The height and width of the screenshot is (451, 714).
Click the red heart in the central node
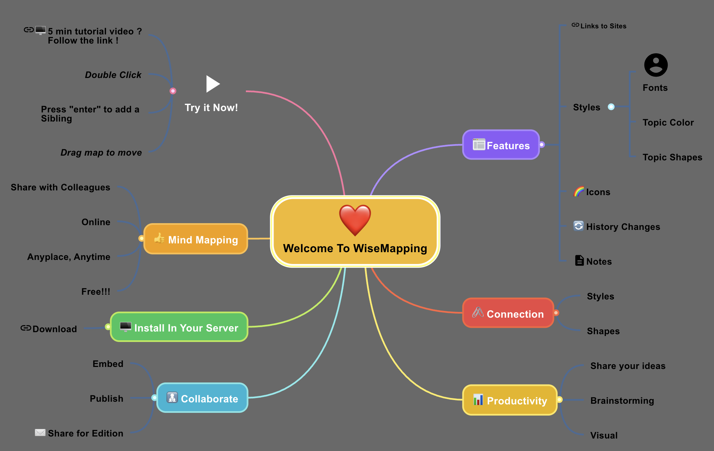[x=355, y=220]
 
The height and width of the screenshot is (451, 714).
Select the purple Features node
[x=501, y=145]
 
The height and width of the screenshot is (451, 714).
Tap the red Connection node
[x=508, y=313]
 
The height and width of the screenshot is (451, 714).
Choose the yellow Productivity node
[x=510, y=400]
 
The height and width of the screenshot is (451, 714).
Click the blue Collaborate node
[x=202, y=398]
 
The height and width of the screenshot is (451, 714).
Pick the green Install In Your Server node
[x=179, y=327]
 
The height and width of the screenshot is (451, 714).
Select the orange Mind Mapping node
[x=196, y=239]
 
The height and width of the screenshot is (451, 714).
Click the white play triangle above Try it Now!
[x=212, y=84]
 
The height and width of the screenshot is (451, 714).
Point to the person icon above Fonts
[x=656, y=65]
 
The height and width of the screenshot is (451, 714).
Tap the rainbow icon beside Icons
[x=579, y=192]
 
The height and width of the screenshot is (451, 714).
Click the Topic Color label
[x=668, y=123]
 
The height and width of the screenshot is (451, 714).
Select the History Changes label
[x=623, y=227]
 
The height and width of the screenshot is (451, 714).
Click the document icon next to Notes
[x=579, y=261]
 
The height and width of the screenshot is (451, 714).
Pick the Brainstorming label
[x=622, y=401]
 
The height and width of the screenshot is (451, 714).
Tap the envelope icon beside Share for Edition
[x=40, y=432]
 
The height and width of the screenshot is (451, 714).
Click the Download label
[x=55, y=329]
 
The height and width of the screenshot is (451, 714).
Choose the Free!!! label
[x=96, y=292]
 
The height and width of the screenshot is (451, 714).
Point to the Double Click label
[x=113, y=75]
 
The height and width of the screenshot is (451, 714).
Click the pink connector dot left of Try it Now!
[x=173, y=91]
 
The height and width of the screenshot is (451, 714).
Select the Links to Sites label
[x=603, y=26]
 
